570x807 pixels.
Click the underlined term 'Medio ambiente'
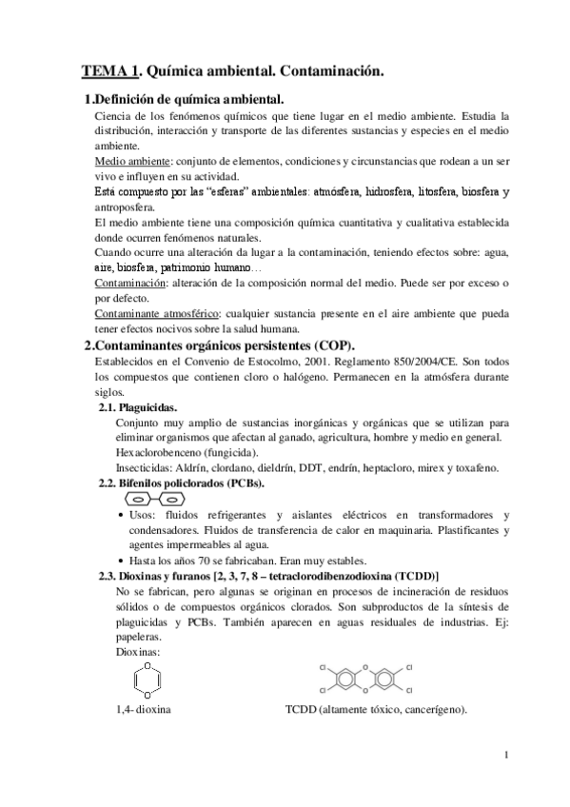pos(127,162)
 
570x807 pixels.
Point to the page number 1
pos(509,757)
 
